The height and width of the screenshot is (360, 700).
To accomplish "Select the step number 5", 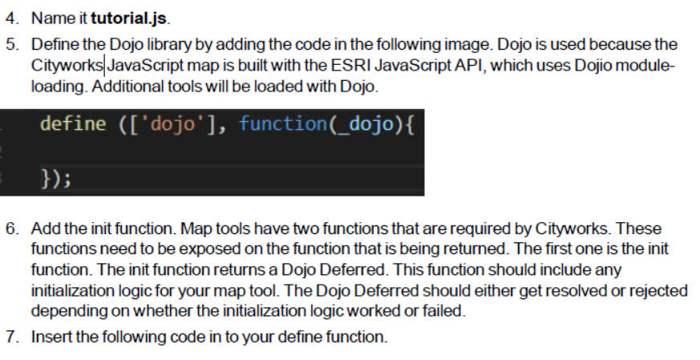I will [x=10, y=44].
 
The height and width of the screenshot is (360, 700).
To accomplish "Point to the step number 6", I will [x=10, y=228].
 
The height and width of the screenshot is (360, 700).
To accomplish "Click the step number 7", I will [x=10, y=336].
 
